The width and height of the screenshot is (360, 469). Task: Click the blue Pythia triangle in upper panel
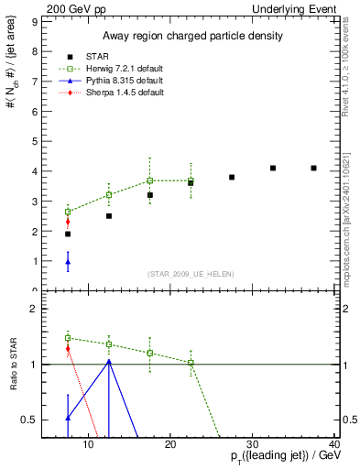click(x=68, y=262)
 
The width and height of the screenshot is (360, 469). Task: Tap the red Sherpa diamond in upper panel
click(x=68, y=222)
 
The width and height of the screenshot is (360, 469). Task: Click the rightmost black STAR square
click(x=313, y=169)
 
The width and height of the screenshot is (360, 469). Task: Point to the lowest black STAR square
click(x=68, y=234)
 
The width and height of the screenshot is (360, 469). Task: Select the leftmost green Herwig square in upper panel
click(x=68, y=212)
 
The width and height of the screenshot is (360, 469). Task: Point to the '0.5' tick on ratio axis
click(x=29, y=420)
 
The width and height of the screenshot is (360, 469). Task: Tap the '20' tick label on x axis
click(x=170, y=445)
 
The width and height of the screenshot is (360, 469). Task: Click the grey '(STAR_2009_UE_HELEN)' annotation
click(x=191, y=275)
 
